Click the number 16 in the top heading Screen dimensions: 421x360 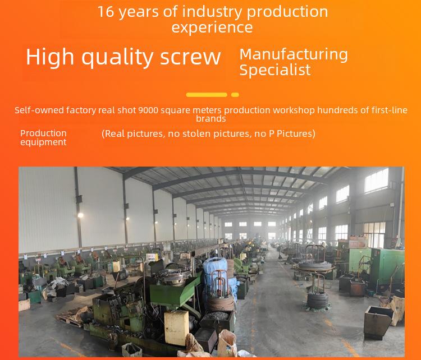click(x=106, y=12)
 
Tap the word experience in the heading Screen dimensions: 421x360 click(x=212, y=27)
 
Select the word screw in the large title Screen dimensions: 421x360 click(x=190, y=57)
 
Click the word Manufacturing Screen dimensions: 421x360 click(x=294, y=55)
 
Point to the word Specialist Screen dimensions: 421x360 click(x=275, y=70)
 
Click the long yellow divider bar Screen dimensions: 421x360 click(x=207, y=95)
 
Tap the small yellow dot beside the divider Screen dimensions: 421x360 click(x=235, y=95)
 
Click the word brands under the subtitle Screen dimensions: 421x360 click(x=210, y=118)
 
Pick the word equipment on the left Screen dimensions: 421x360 click(x=43, y=142)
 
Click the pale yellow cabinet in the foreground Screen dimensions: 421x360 click(x=176, y=327)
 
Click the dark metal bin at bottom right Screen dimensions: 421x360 click(x=378, y=322)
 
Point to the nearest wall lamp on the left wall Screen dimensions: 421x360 click(x=80, y=215)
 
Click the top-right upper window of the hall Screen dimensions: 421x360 click(x=377, y=180)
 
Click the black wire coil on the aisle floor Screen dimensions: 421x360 click(x=318, y=300)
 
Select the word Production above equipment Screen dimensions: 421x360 click(x=43, y=133)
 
